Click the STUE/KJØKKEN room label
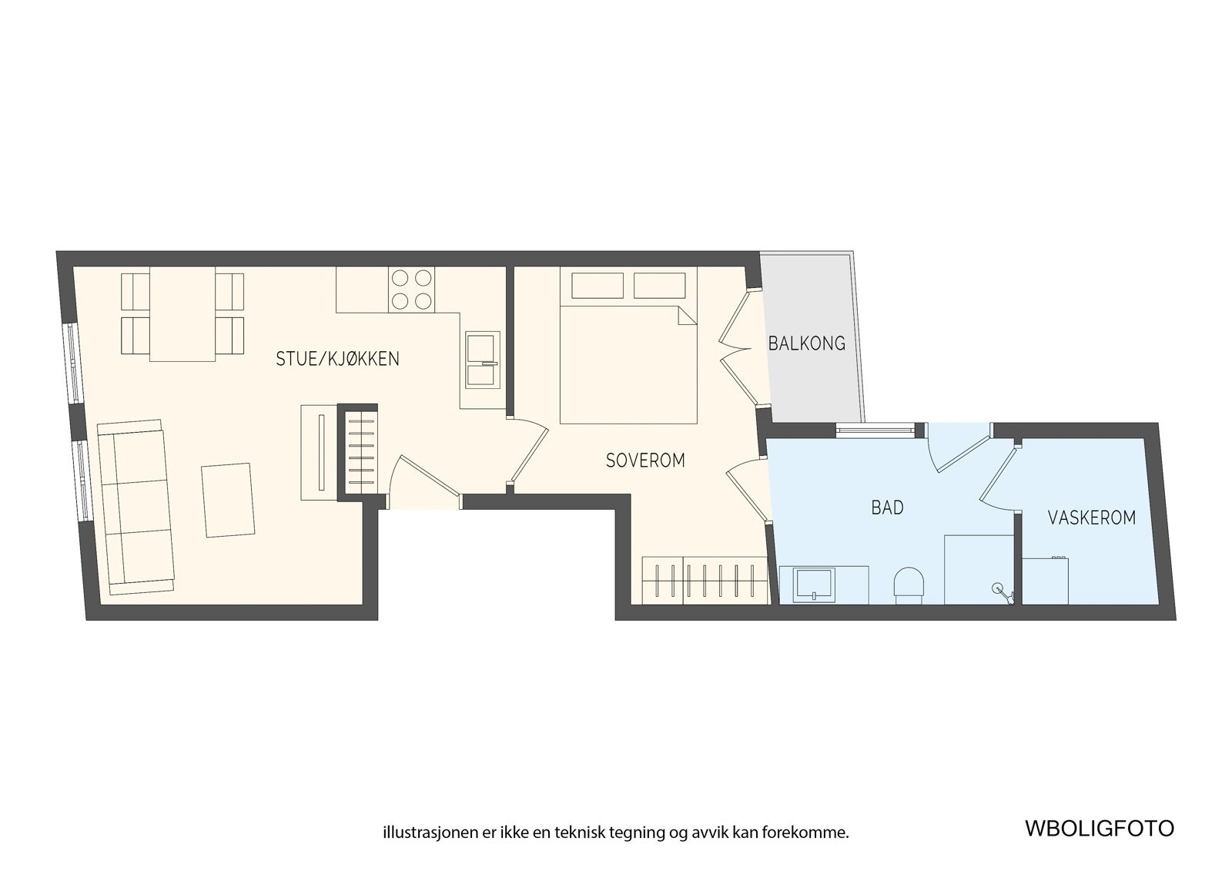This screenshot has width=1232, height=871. coord(337,359)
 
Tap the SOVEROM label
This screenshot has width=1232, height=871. coord(645,461)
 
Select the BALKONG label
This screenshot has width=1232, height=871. coord(806,343)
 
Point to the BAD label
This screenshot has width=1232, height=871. coord(887,508)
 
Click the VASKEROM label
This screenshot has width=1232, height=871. coord(1091,518)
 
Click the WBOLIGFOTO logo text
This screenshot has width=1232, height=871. coord(1099,828)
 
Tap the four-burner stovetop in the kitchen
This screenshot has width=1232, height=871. coord(411,289)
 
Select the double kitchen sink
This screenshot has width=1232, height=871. coord(483,360)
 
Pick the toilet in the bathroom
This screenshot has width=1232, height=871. coord(909,584)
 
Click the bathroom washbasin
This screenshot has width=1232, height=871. coord(815,584)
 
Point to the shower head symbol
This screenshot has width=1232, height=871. coord(999,590)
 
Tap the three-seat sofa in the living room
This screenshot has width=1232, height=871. coord(136,508)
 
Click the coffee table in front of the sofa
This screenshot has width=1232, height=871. coord(228,500)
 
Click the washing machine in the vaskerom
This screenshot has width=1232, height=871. coord(1045,580)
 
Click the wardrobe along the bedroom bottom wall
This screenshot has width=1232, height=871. coord(705,580)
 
